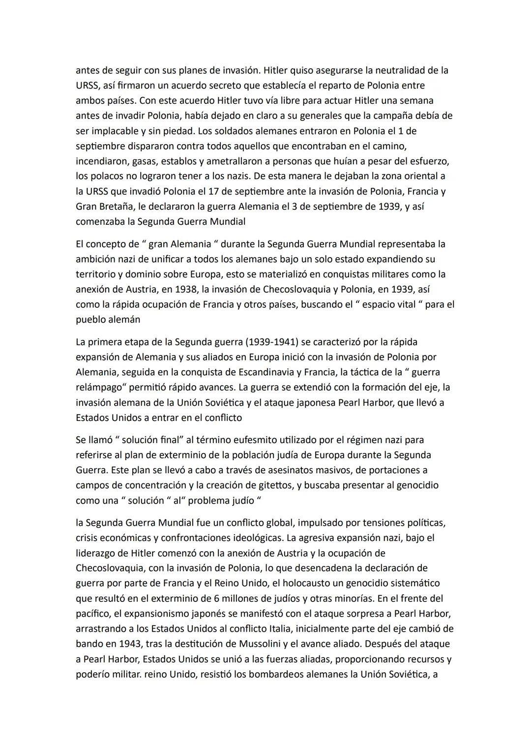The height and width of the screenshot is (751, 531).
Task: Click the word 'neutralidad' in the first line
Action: (x=388, y=70)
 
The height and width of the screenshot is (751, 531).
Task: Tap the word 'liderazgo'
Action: (x=96, y=553)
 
